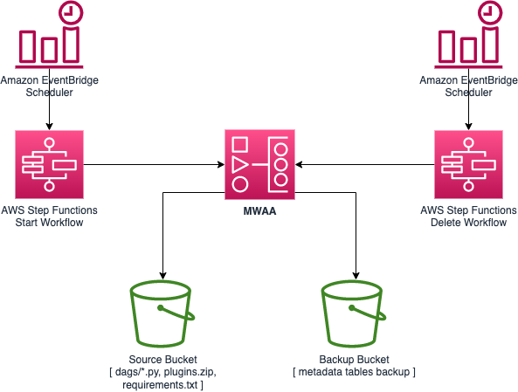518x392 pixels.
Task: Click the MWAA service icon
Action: (259, 164)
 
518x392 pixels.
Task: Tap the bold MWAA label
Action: (259, 211)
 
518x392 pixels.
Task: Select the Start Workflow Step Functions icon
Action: (49, 164)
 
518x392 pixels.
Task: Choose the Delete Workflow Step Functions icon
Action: (468, 164)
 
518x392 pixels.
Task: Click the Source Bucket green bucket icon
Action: (162, 313)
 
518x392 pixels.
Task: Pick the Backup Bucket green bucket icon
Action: (354, 313)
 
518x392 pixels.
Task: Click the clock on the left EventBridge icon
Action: (71, 12)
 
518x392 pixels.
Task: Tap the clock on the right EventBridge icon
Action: (490, 12)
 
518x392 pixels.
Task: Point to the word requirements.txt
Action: (160, 385)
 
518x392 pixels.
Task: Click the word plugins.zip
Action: (190, 372)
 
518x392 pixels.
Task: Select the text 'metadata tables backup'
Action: (354, 372)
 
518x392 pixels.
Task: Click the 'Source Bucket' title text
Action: (162, 360)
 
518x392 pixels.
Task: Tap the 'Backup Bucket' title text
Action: (354, 360)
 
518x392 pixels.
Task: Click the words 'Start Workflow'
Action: (49, 223)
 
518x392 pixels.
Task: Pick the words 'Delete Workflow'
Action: (468, 223)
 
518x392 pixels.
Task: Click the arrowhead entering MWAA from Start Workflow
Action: (221, 164)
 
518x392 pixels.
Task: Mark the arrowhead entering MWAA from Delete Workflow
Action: (299, 164)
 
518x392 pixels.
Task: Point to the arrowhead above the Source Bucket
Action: (162, 276)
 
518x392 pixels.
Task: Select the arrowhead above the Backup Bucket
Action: (356, 276)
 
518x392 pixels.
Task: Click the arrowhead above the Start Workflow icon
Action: (49, 126)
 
